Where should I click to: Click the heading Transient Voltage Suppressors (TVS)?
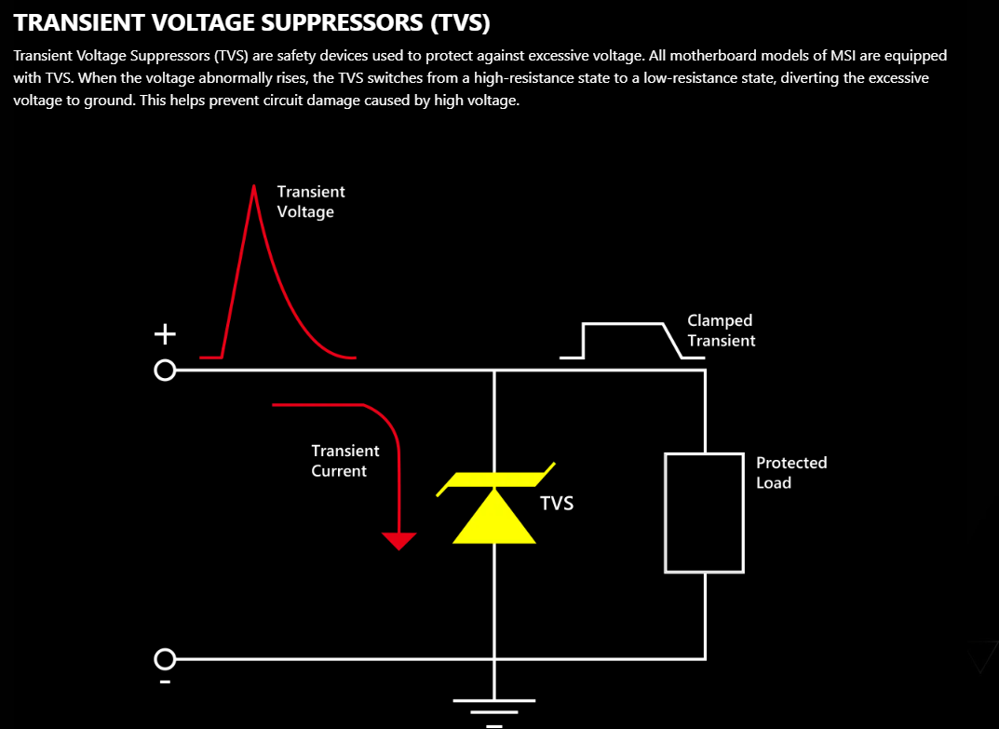(x=251, y=21)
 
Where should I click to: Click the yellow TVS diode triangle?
(x=493, y=520)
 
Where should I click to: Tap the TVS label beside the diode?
(x=557, y=504)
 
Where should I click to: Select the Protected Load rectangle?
(x=704, y=512)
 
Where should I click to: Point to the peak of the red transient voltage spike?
(x=253, y=187)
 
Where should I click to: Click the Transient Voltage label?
(x=310, y=201)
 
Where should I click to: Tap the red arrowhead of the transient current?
(x=399, y=540)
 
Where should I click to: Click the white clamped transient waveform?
(x=624, y=325)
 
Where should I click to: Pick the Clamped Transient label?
(x=721, y=331)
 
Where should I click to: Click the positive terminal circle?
(x=164, y=371)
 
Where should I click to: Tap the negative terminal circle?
(x=164, y=659)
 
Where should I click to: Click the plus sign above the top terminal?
(x=164, y=332)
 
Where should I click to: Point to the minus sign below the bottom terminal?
(x=164, y=682)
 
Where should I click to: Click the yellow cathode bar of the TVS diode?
(x=495, y=479)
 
